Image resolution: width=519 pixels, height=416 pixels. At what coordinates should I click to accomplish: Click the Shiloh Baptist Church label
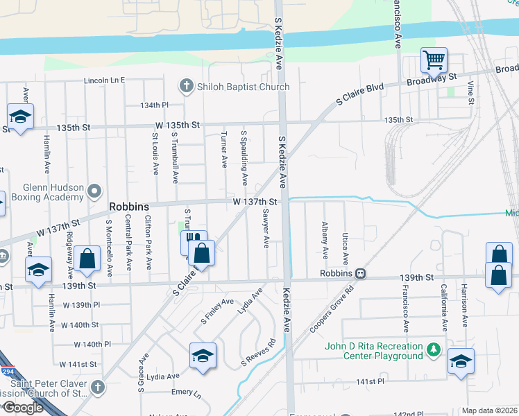(x=242, y=87)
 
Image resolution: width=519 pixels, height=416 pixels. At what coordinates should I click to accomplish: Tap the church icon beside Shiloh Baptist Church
(x=185, y=87)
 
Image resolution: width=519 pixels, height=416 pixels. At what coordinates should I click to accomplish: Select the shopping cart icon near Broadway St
(x=434, y=60)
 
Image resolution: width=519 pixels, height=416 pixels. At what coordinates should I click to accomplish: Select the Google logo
(x=22, y=408)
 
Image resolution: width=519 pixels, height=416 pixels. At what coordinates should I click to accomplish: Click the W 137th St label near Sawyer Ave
(x=255, y=202)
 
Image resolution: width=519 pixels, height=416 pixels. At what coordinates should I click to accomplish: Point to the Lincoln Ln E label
(x=104, y=80)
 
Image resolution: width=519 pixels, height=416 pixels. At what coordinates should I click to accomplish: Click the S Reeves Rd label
(x=259, y=352)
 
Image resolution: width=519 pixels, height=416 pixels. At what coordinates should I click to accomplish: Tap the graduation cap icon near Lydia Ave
(x=203, y=355)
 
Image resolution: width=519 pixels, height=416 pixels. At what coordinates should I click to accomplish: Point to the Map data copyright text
(x=489, y=410)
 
